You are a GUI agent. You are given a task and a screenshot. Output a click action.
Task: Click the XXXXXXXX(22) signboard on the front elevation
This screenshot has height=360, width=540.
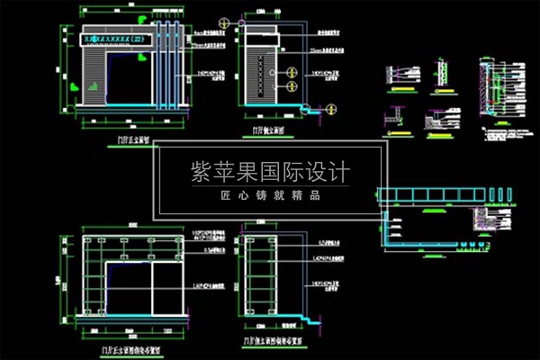pos(118,40)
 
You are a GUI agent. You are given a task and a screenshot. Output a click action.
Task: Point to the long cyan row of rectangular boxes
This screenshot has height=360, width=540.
pos(441,194)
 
